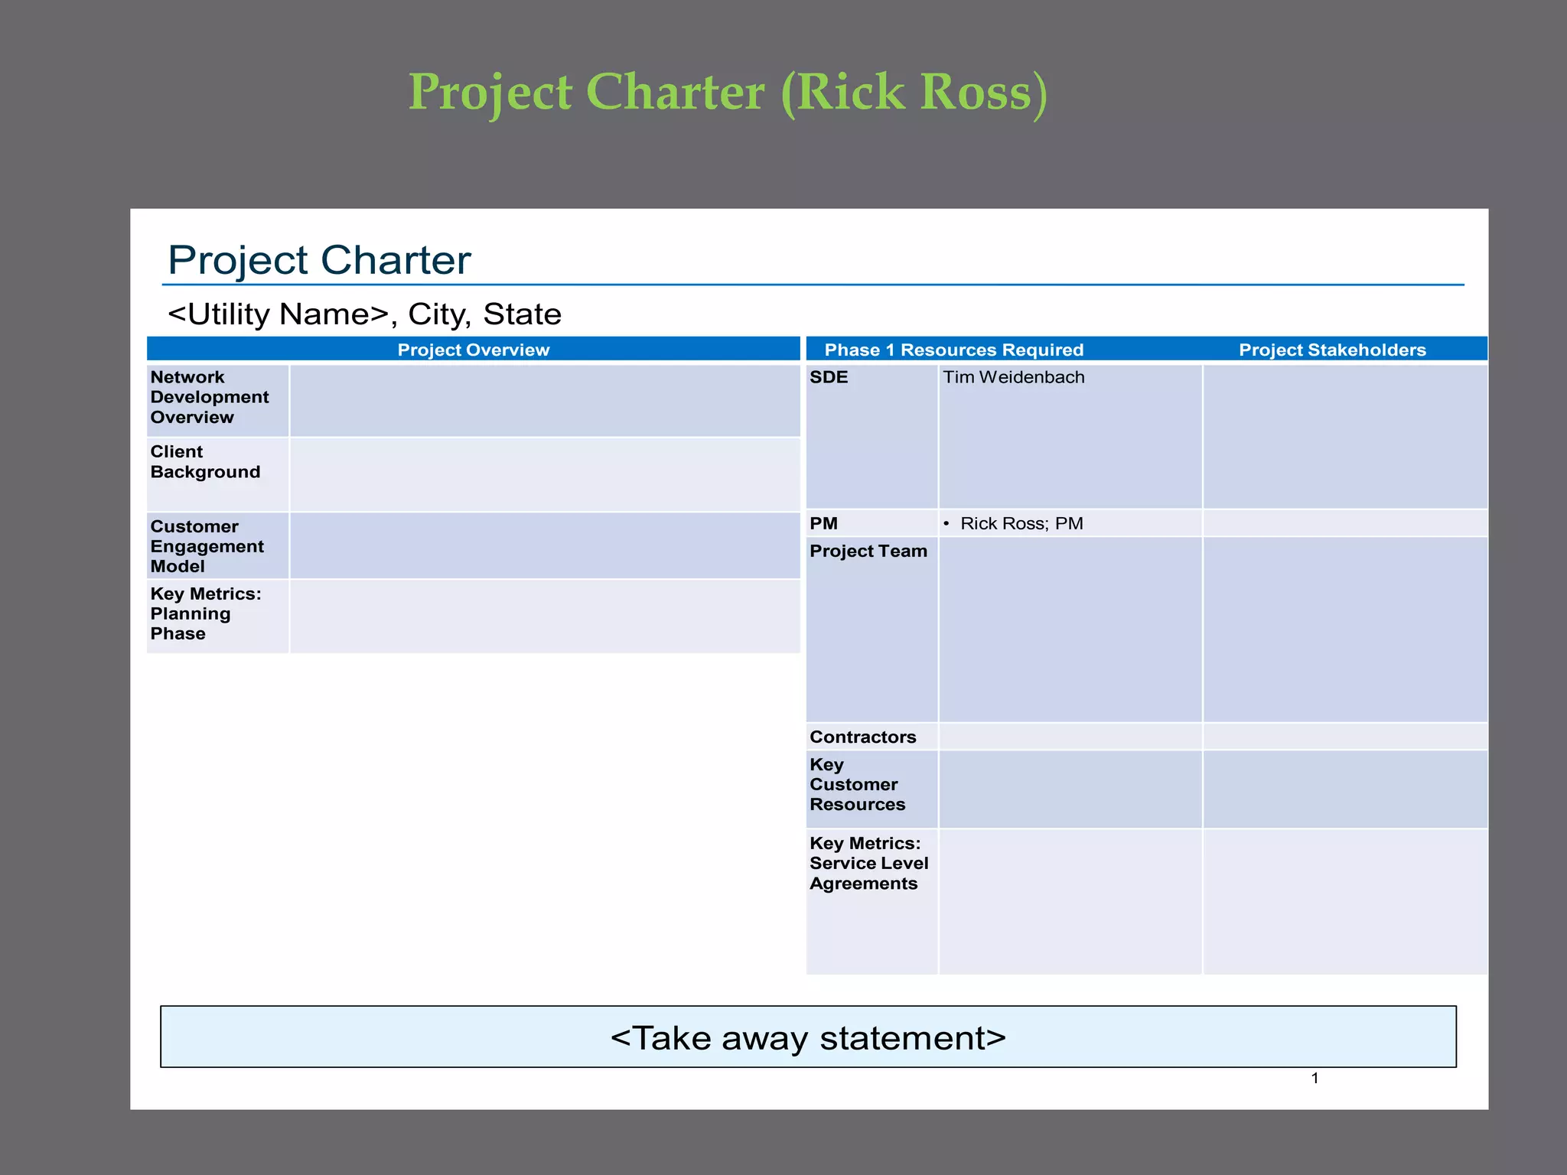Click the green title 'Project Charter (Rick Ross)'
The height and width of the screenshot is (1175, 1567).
728,93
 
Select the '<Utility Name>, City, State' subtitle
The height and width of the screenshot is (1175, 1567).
364,314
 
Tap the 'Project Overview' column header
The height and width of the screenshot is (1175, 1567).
473,350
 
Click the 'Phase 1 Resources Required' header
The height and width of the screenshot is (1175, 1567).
953,350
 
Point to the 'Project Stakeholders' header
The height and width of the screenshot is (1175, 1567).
1332,350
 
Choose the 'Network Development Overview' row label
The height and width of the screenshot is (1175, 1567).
210,397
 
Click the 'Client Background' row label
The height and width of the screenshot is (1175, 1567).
205,461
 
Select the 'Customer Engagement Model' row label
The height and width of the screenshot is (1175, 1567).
207,546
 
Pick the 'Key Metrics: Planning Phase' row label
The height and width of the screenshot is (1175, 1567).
205,614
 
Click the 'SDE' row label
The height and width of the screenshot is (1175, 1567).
829,377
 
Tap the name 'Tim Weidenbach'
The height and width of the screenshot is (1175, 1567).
1013,377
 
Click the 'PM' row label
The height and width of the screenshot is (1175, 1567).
823,523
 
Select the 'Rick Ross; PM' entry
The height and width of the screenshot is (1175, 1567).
1021,523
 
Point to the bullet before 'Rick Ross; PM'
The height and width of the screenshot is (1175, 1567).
946,523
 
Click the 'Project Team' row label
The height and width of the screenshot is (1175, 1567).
868,551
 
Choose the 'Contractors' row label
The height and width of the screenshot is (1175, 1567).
862,737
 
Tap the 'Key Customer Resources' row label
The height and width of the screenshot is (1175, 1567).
857,784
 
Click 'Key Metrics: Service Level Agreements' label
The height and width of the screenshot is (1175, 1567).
868,863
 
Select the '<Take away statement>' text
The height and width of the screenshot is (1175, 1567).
808,1038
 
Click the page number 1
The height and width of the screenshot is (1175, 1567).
1315,1078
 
